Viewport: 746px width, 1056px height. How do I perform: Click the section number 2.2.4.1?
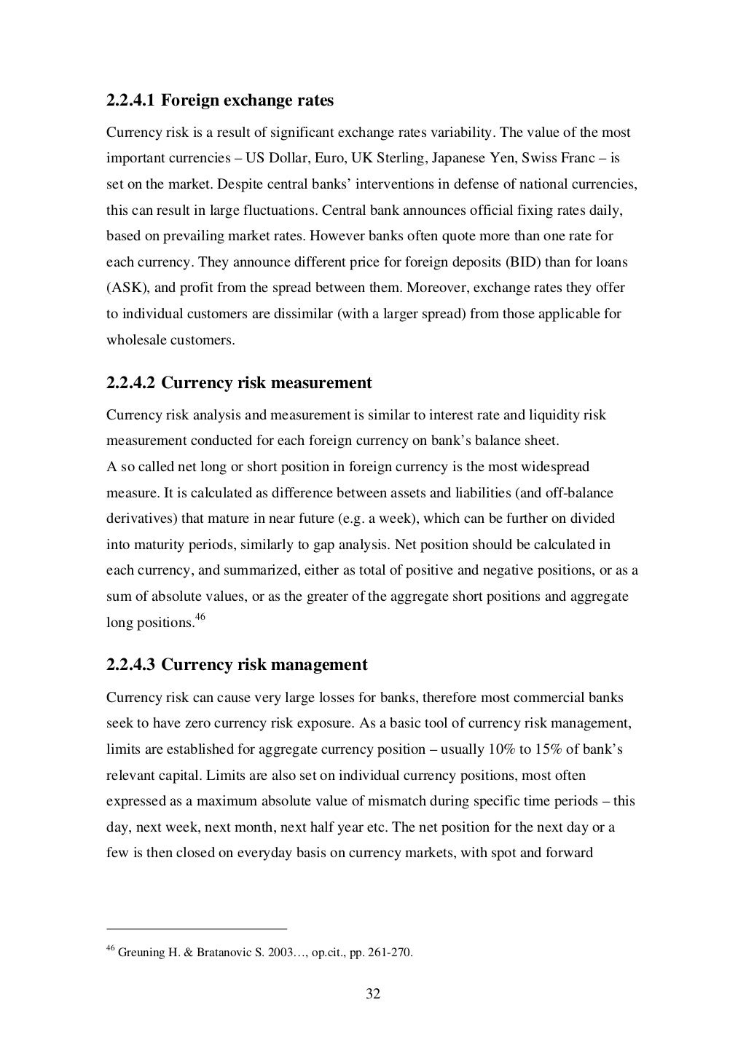[x=130, y=101]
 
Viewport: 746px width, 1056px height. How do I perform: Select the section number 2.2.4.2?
[x=130, y=383]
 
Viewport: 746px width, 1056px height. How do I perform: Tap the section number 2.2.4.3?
[x=130, y=665]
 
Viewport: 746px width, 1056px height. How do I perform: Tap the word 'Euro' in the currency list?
[x=330, y=159]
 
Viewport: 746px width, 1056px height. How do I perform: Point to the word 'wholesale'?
[x=133, y=340]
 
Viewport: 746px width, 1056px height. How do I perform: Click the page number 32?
[x=373, y=995]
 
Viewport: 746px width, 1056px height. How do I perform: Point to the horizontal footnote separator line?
[x=197, y=929]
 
